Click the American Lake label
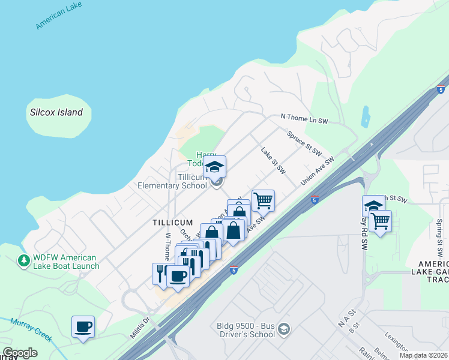(x=58, y=15)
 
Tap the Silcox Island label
(x=56, y=112)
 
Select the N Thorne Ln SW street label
(x=304, y=119)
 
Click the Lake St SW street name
(x=273, y=160)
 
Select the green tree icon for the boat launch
(x=24, y=261)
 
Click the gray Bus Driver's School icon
(x=284, y=329)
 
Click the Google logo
(x=20, y=353)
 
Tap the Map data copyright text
(x=423, y=355)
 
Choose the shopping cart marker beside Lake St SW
(x=263, y=200)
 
